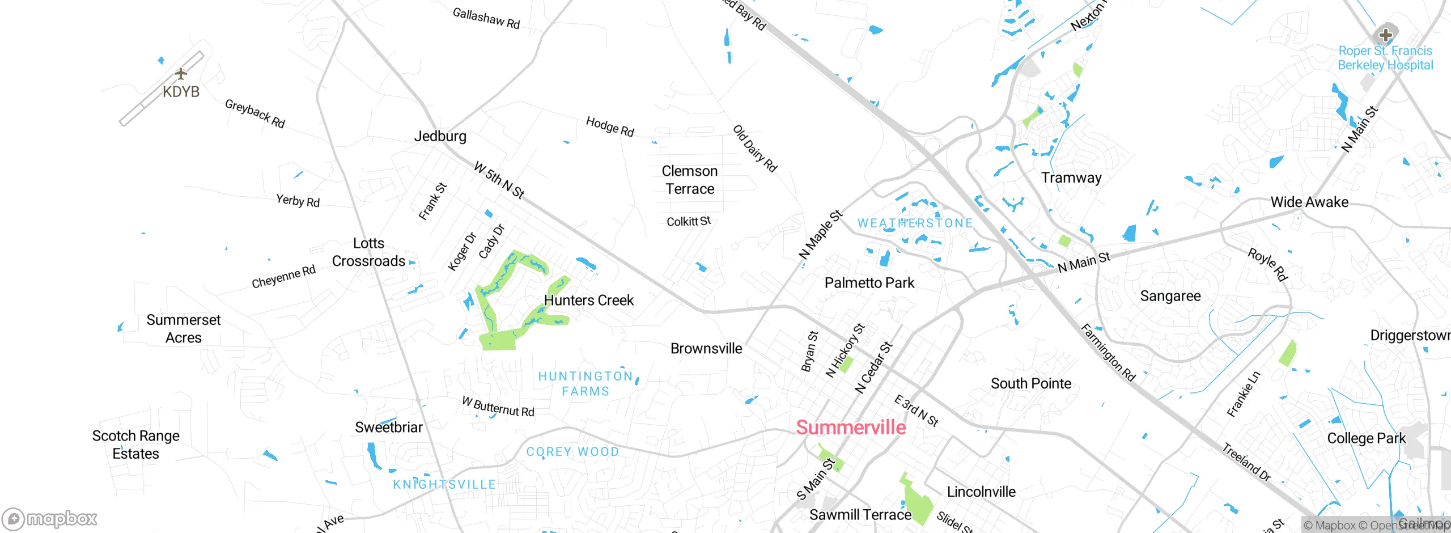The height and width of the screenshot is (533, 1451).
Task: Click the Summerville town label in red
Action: pyautogui.click(x=851, y=427)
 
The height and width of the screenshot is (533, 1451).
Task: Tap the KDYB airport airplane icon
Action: pyautogui.click(x=180, y=74)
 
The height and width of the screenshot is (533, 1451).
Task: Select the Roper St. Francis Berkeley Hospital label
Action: pyautogui.click(x=1385, y=58)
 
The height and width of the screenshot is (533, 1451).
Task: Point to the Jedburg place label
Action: pyautogui.click(x=440, y=136)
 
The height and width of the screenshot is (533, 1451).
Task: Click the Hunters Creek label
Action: pyautogui.click(x=588, y=300)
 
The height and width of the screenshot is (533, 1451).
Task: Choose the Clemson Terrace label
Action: pyautogui.click(x=690, y=180)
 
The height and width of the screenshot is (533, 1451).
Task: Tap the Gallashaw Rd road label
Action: pyautogui.click(x=486, y=18)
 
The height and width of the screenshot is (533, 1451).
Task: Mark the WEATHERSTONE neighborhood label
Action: pyautogui.click(x=915, y=223)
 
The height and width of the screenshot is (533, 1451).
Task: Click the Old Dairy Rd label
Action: pyautogui.click(x=754, y=149)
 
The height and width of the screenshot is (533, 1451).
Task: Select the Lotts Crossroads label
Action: pyautogui.click(x=368, y=252)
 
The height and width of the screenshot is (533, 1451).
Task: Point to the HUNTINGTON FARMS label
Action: pyautogui.click(x=586, y=384)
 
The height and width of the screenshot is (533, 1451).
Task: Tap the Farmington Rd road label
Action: pyautogui.click(x=1108, y=352)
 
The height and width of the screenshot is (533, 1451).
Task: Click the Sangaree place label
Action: pyautogui.click(x=1170, y=296)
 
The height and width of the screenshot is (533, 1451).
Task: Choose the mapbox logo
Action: pyautogui.click(x=50, y=518)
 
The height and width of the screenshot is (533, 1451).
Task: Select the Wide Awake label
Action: pyautogui.click(x=1309, y=202)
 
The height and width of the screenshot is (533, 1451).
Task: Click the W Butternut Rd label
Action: pyautogui.click(x=498, y=407)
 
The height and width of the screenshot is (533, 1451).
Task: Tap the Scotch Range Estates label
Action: pyautogui.click(x=136, y=445)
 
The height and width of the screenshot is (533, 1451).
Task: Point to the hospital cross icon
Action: pyautogui.click(x=1385, y=35)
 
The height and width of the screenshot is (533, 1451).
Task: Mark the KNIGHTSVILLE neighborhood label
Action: pyautogui.click(x=444, y=484)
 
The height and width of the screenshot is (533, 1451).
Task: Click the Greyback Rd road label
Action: pyautogui.click(x=254, y=113)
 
